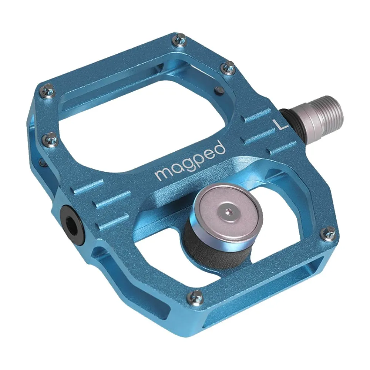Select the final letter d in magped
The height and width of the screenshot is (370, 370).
click(220, 149)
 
